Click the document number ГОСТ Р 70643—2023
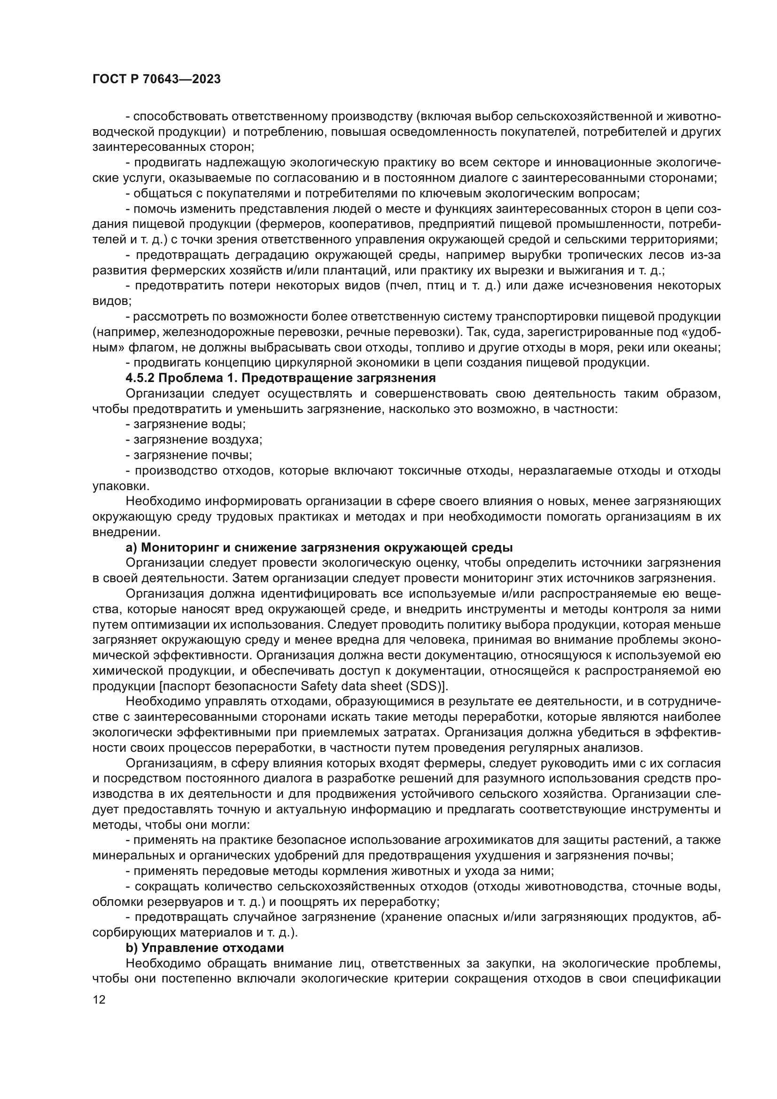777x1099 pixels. coord(156,79)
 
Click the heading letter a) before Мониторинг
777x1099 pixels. coord(131,547)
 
